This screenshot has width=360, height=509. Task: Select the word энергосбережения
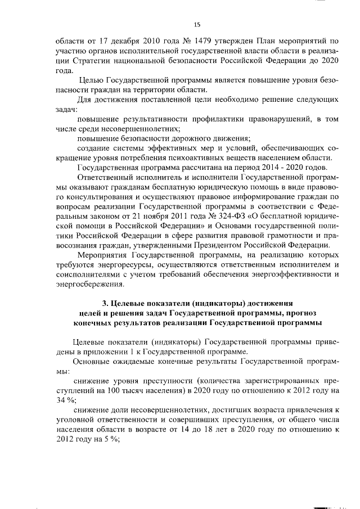[x=88, y=284]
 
